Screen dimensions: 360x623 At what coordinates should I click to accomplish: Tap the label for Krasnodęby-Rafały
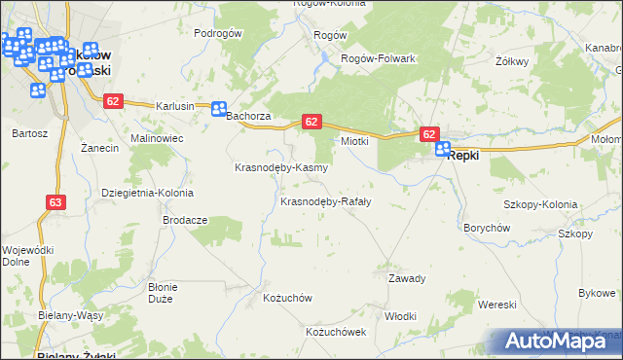pyautogui.click(x=325, y=202)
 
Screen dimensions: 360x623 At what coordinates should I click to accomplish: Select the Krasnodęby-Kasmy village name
pyautogui.click(x=281, y=167)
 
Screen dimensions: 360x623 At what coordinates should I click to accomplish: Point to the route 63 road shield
pyautogui.click(x=55, y=202)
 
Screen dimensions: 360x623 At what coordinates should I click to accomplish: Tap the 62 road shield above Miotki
pyautogui.click(x=311, y=121)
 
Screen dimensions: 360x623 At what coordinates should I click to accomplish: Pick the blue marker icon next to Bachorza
pyautogui.click(x=220, y=110)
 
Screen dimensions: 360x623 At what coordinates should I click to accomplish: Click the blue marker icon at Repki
pyautogui.click(x=443, y=150)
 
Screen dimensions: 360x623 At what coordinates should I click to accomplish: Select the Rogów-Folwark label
pyautogui.click(x=378, y=58)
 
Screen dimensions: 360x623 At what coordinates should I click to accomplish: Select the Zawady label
pyautogui.click(x=407, y=278)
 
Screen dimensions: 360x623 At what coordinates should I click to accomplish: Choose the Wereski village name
pyautogui.click(x=496, y=305)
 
